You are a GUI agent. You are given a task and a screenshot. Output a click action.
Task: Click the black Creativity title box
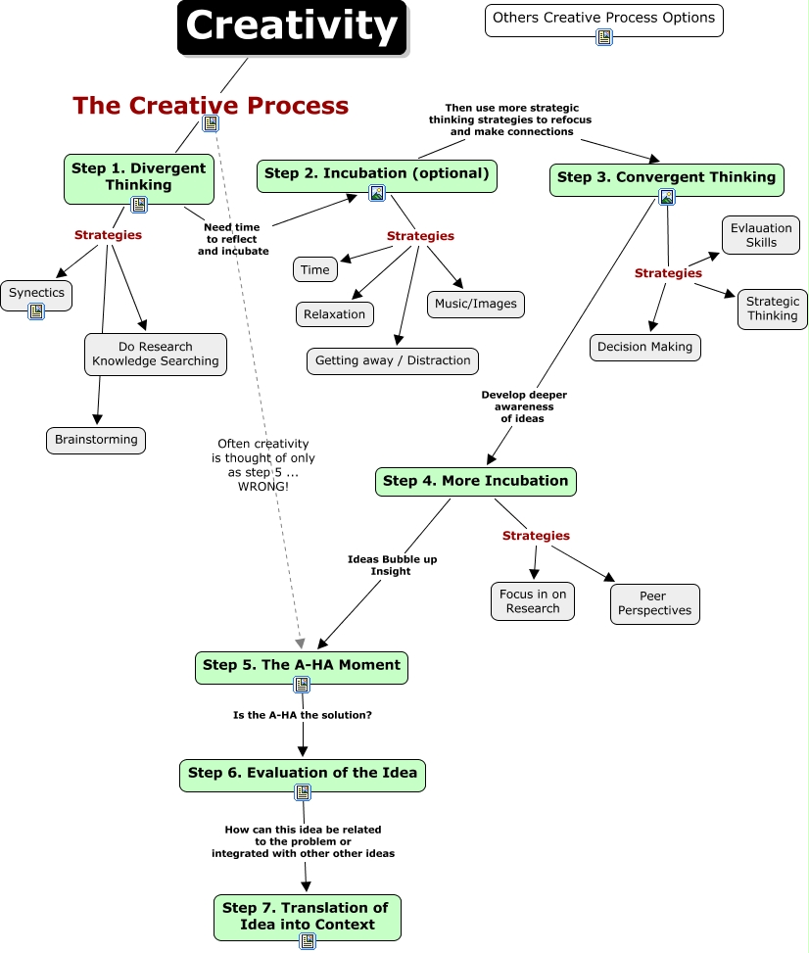click(x=292, y=28)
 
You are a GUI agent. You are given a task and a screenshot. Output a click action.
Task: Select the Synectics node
click(x=36, y=296)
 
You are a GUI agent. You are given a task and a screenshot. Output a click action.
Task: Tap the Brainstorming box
click(x=96, y=440)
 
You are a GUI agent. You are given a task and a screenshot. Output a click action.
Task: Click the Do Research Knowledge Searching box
click(x=156, y=355)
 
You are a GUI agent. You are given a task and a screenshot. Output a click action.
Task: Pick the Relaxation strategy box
click(x=335, y=314)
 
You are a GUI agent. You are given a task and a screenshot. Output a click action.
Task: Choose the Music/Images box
click(x=476, y=305)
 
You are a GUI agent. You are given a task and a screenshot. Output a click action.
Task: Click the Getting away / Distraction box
click(x=393, y=361)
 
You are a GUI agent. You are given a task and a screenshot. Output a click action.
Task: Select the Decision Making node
click(x=644, y=348)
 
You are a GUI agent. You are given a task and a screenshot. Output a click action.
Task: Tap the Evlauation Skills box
click(x=761, y=235)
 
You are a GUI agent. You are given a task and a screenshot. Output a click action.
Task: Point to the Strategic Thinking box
click(x=773, y=310)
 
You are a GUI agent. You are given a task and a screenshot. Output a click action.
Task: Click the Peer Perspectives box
click(x=655, y=604)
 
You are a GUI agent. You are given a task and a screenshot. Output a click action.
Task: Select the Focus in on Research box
click(x=533, y=601)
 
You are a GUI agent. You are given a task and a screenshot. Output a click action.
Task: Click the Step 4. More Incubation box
click(x=476, y=481)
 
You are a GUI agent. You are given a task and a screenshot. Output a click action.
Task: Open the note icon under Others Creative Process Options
click(x=604, y=37)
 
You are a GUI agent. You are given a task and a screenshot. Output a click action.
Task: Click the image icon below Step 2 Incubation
click(x=377, y=193)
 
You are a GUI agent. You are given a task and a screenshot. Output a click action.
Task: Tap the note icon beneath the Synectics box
click(x=36, y=311)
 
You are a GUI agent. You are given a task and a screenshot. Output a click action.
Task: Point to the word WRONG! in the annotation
click(x=263, y=487)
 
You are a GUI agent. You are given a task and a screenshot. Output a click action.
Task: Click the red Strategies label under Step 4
click(x=536, y=536)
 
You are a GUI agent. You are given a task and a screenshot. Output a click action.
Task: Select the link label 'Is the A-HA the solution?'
click(x=303, y=715)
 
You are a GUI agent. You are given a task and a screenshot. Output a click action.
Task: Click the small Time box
click(x=314, y=270)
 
